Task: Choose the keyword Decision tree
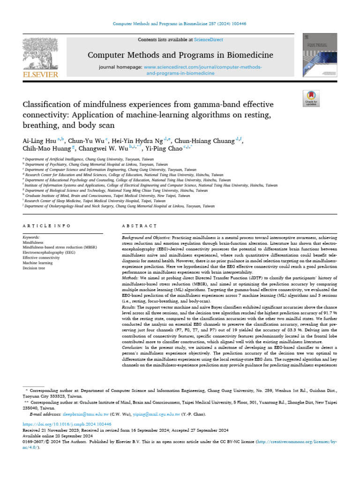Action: click(34, 269)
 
